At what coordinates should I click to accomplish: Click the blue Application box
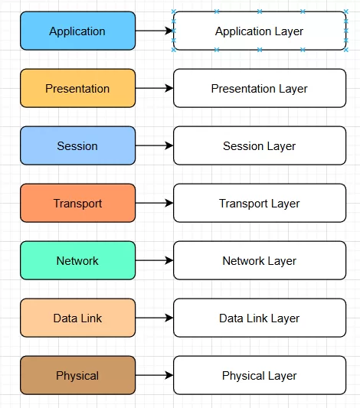[77, 31]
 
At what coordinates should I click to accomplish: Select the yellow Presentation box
[77, 89]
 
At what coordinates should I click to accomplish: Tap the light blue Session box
[77, 146]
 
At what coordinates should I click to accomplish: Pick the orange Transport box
[77, 204]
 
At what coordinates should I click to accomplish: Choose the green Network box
[77, 261]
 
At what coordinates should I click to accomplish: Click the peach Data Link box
[77, 318]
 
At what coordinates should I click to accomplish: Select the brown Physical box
[77, 376]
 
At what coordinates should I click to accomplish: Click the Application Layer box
[260, 31]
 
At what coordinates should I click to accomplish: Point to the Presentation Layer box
[260, 89]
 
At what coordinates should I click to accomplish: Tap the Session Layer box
[260, 146]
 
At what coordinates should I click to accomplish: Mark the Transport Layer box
[260, 204]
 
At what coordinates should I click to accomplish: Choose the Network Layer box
[260, 261]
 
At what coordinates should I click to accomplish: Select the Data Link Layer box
[260, 318]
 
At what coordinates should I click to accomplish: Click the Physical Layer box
[260, 376]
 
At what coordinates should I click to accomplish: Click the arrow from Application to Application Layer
[154, 31]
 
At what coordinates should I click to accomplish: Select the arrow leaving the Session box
[154, 146]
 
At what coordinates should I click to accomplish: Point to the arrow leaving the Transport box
[154, 204]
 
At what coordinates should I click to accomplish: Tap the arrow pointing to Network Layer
[154, 261]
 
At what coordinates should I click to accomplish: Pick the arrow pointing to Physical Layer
[154, 376]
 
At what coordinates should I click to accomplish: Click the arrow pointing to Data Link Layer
[154, 318]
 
